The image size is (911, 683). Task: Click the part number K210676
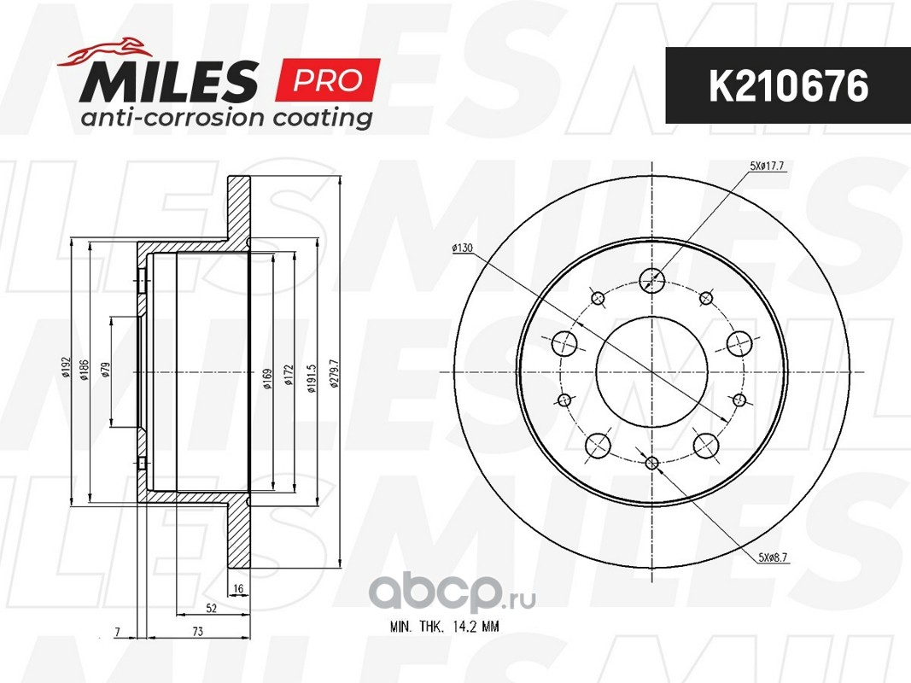coord(788,86)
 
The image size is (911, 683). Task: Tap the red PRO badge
coord(329,80)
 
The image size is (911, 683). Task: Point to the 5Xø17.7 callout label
coord(767,166)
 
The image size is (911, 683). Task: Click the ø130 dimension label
coord(463,248)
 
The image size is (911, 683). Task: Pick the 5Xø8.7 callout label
coord(773,558)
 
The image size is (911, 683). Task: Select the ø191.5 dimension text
coord(312,379)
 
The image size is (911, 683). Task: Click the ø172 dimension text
coord(289,376)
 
